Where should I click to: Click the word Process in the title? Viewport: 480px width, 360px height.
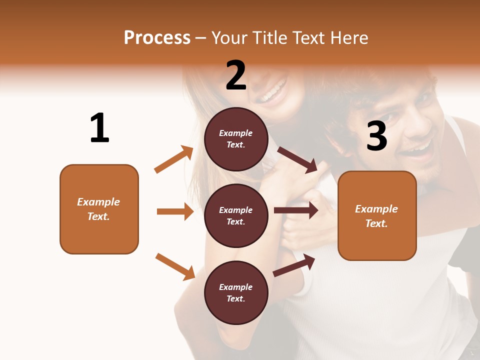[x=157, y=38]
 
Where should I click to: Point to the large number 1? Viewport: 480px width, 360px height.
[x=99, y=128]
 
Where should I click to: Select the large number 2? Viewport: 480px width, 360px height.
[x=236, y=75]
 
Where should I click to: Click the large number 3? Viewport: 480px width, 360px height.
[x=376, y=136]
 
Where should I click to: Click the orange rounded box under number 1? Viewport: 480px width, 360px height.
[x=99, y=209]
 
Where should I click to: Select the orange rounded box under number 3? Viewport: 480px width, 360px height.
[x=377, y=215]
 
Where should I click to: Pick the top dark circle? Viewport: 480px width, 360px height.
[x=236, y=139]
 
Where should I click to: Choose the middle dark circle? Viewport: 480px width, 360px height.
[x=236, y=215]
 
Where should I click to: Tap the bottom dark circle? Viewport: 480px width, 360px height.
[x=236, y=292]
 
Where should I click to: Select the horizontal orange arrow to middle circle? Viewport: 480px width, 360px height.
[x=175, y=211]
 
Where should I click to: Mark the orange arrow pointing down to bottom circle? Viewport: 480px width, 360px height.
[x=175, y=266]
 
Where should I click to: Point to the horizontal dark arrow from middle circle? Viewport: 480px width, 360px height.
[x=296, y=210]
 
